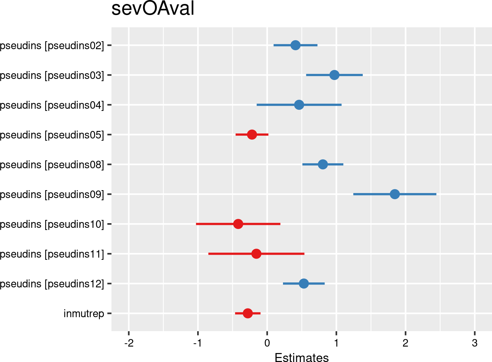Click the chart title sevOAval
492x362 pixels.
coord(153,9)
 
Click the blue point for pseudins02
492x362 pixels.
coord(295,45)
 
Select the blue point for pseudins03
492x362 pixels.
coord(334,75)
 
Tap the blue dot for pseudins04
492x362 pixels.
coord(299,105)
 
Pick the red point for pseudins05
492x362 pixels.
coord(252,135)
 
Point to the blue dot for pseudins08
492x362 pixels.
coord(323,164)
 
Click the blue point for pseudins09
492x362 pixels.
coord(395,194)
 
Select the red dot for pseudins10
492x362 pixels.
coord(238,224)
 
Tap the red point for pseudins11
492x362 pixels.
coord(256,254)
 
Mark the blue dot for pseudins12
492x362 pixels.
coord(304,283)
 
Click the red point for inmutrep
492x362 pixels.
coord(247,313)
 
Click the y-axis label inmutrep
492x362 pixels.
coord(84,314)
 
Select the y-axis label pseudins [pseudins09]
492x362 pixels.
coord(52,194)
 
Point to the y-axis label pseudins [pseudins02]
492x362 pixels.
coord(52,46)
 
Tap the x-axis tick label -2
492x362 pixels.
coord(129,343)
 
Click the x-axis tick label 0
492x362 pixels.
coord(267,343)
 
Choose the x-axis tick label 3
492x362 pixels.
coord(475,343)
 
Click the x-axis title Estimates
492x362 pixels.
coord(302,358)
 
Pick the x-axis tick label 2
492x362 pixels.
coord(405,343)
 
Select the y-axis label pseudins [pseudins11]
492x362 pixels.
coord(52,254)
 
